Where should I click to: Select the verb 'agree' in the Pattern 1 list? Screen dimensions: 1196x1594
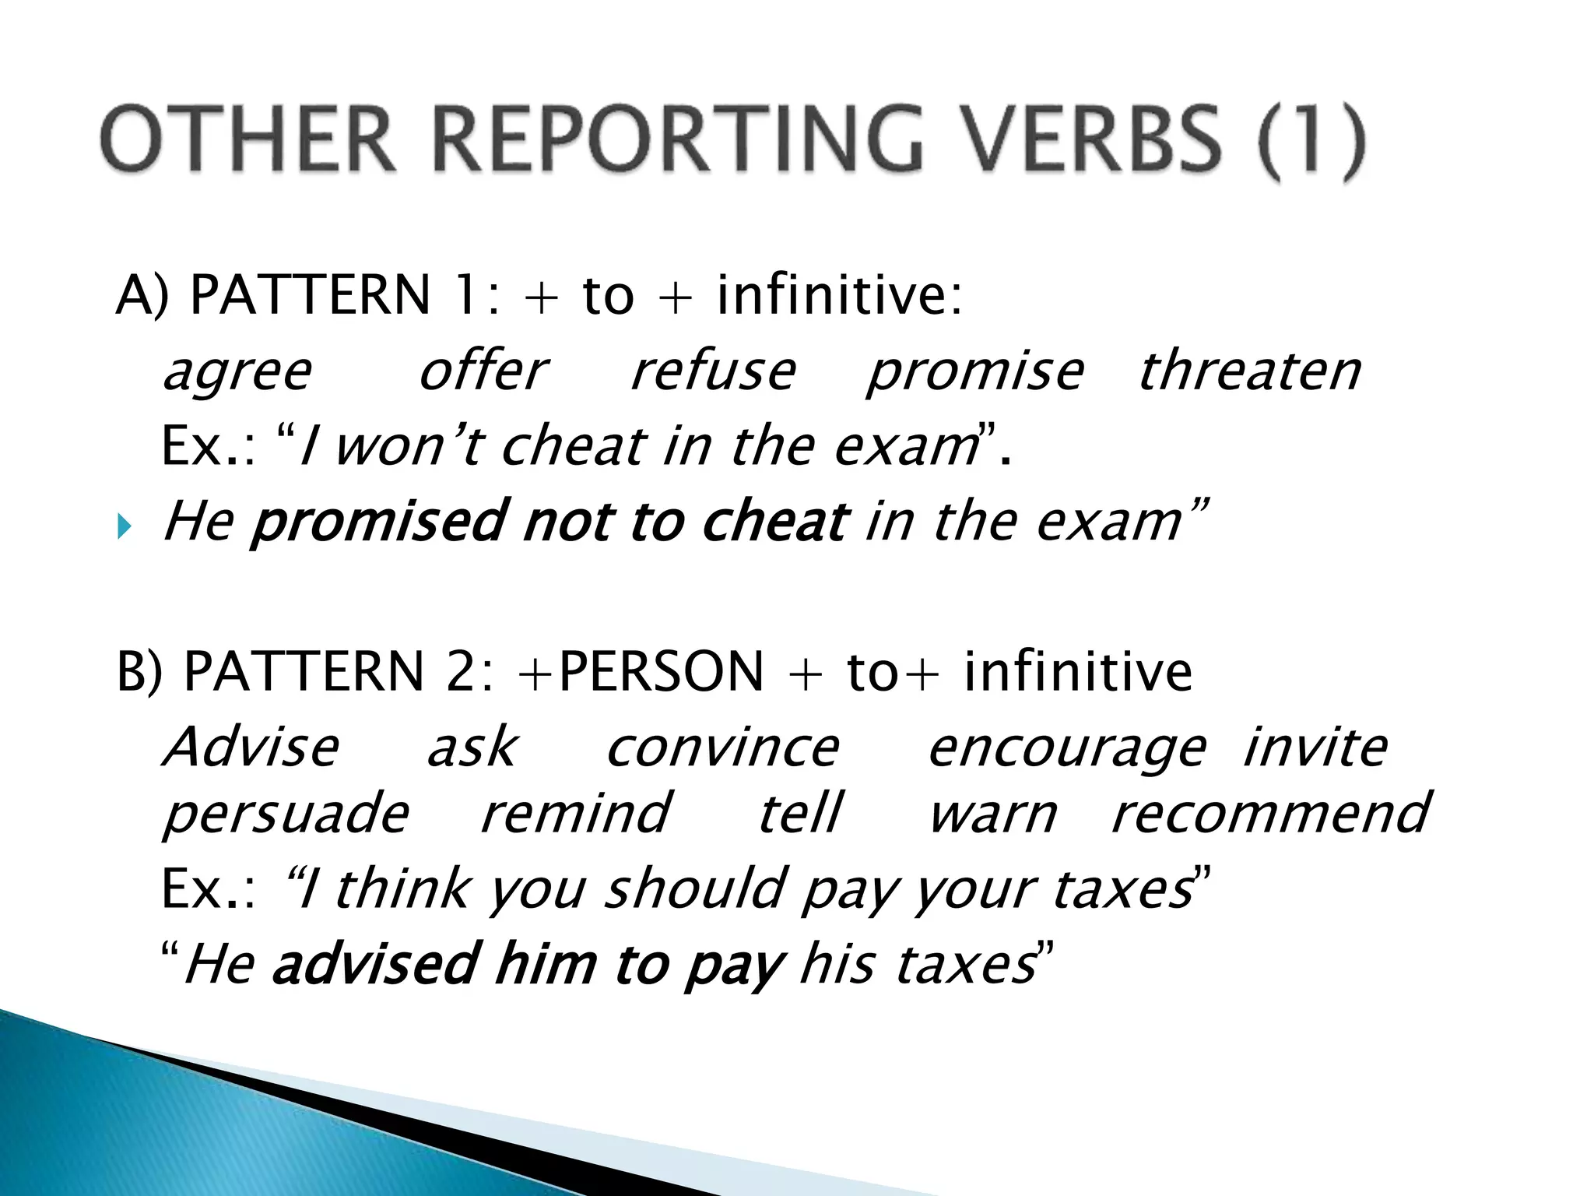[x=237, y=372]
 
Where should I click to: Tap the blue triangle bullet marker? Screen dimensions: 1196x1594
[x=125, y=528]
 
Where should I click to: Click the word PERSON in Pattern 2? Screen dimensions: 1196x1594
[x=661, y=671]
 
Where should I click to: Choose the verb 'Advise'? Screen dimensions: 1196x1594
[x=251, y=747]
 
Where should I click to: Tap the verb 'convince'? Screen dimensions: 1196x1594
[x=722, y=748]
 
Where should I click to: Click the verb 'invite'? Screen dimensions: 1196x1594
[x=1315, y=747]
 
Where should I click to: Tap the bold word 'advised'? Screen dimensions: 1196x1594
[x=374, y=964]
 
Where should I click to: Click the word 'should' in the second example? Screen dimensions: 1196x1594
[x=695, y=888]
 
